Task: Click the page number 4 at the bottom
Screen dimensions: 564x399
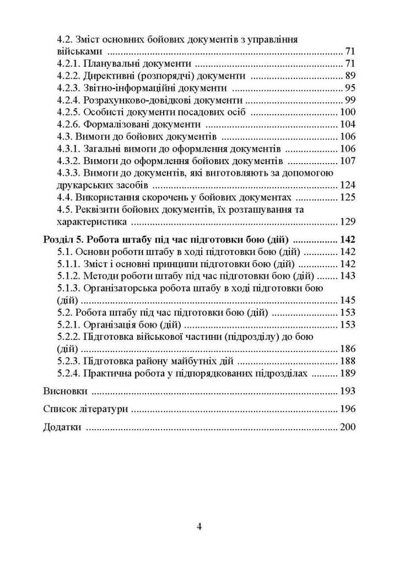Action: pos(199,527)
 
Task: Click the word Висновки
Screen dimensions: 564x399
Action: pos(65,391)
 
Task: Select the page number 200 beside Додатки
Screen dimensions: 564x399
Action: pos(348,427)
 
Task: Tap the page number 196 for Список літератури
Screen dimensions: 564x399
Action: pos(348,409)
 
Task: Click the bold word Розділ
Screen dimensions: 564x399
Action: pos(59,239)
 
